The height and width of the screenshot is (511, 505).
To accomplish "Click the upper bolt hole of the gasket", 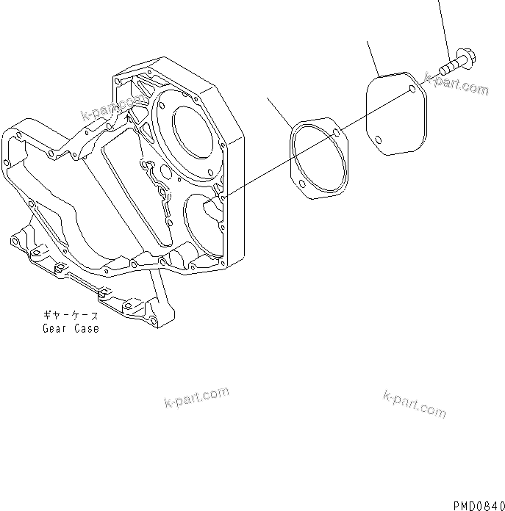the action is [335, 134].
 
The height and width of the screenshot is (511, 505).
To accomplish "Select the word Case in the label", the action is [86, 328].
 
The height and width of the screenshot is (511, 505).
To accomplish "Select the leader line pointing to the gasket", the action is [279, 110].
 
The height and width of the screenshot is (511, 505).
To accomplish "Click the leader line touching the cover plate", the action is [371, 59].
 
